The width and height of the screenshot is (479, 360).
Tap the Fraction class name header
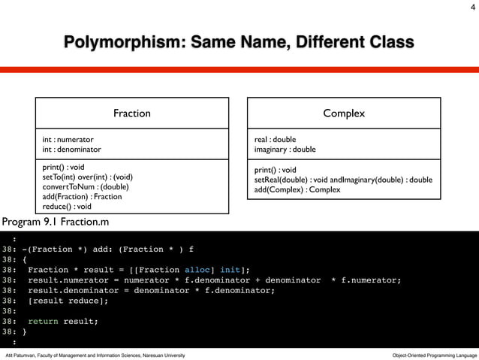tap(131, 113)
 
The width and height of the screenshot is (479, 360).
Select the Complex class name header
tap(344, 113)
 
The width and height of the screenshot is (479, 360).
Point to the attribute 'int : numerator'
tap(68, 139)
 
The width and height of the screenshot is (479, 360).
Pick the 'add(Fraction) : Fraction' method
tap(82, 196)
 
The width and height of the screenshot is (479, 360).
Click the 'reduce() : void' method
tap(67, 207)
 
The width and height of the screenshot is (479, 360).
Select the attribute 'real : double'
tap(276, 139)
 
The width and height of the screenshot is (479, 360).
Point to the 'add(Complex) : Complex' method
tap(297, 189)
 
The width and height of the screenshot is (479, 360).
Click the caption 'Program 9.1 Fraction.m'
tap(54, 222)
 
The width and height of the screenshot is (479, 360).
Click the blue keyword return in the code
tap(43, 321)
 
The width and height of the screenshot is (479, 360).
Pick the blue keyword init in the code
tap(230, 269)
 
